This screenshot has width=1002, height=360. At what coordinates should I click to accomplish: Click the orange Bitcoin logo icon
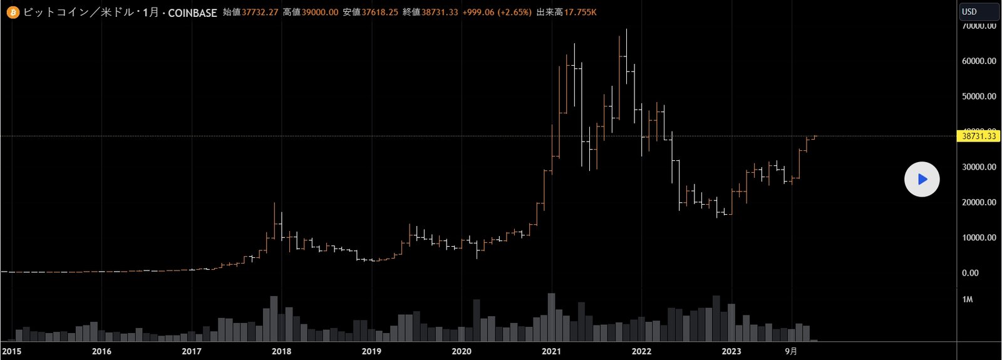point(13,12)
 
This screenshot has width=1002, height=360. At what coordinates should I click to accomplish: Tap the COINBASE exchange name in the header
point(192,13)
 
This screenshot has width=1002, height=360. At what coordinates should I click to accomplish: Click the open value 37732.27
point(260,13)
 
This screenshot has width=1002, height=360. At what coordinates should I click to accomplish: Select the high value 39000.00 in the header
point(319,13)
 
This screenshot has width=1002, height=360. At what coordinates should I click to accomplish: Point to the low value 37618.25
point(380,13)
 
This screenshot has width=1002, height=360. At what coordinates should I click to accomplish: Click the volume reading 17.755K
point(580,13)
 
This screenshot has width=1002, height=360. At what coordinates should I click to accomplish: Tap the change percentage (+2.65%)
point(514,13)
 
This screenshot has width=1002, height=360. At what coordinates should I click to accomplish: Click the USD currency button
point(979,12)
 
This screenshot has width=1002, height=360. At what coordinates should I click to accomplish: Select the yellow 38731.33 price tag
point(979,136)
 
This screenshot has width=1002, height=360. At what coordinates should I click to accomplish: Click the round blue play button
point(922,180)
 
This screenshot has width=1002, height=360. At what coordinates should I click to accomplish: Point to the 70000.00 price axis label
point(979,26)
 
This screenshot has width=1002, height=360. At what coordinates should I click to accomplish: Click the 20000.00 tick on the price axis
point(979,203)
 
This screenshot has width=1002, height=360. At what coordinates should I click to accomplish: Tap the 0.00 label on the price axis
point(970,273)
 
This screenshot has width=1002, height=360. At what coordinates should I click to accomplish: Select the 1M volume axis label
point(968,300)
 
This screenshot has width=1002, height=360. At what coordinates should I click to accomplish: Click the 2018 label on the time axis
point(282,351)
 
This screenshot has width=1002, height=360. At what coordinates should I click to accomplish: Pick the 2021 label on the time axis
point(551,351)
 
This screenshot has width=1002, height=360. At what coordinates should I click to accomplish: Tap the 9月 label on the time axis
point(792,351)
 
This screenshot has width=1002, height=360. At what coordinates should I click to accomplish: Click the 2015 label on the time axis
point(12,351)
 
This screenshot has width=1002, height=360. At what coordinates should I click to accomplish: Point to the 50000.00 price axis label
point(979,96)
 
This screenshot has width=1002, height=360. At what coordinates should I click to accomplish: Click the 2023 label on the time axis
point(731,351)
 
